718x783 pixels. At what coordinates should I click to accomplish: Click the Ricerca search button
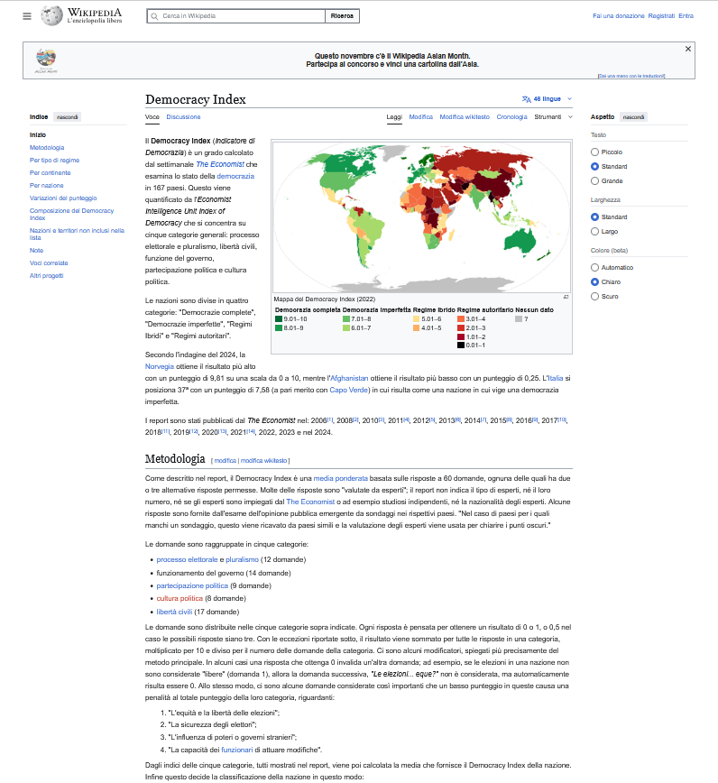click(x=343, y=16)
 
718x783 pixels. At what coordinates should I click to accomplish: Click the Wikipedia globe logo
click(x=51, y=15)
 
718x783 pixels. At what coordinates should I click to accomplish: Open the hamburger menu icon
click(x=27, y=16)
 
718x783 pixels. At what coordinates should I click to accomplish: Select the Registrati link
click(x=661, y=16)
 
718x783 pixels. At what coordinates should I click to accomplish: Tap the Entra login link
click(x=686, y=16)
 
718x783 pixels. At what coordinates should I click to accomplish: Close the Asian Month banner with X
click(x=688, y=49)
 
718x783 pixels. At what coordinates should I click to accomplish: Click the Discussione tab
click(x=183, y=116)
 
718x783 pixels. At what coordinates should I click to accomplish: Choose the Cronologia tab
click(x=511, y=116)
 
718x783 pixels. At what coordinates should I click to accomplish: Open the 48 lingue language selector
click(x=547, y=98)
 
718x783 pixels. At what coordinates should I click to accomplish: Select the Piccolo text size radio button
click(x=594, y=152)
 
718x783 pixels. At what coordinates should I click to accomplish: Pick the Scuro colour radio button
click(x=594, y=296)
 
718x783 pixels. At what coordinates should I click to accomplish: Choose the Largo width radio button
click(x=594, y=231)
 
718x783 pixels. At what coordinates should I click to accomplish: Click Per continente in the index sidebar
click(x=50, y=172)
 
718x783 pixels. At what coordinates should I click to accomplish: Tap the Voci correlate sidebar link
click(x=49, y=263)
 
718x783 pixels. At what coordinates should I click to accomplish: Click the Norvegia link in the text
click(x=159, y=366)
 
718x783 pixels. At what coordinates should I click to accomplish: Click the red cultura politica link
click(x=179, y=598)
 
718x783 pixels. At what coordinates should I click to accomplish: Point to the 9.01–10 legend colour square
click(x=279, y=318)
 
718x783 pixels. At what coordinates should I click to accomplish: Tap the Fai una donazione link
click(x=618, y=16)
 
